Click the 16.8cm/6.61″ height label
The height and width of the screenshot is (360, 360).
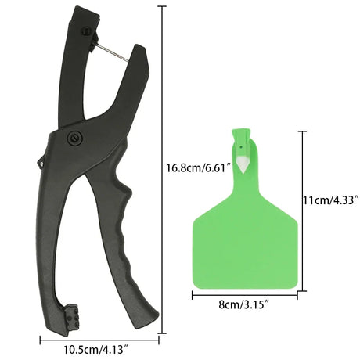pos(199,167)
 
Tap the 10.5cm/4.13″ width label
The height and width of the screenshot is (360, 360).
pos(97,350)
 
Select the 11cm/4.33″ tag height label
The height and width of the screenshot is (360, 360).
pos(331,200)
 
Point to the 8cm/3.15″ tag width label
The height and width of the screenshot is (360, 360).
pos(244,304)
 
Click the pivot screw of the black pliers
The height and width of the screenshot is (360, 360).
pos(75,137)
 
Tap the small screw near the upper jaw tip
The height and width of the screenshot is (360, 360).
pos(87,31)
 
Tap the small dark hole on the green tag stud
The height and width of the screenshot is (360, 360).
pos(242,147)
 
